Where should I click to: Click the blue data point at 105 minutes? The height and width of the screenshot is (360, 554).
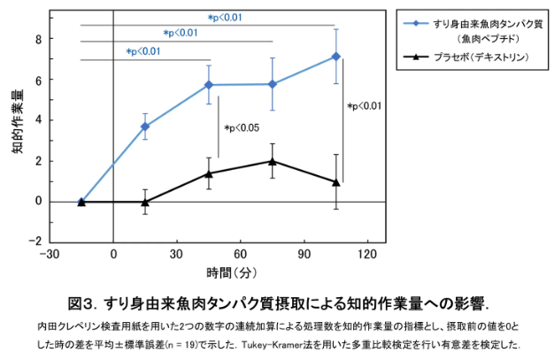coord(335,57)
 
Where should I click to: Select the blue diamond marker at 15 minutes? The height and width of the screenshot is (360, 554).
coord(145,126)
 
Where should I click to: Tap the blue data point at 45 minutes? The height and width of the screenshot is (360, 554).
coord(209,85)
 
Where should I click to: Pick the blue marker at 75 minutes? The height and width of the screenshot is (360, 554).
coord(273,84)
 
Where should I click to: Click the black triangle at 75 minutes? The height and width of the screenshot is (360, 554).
coord(273,161)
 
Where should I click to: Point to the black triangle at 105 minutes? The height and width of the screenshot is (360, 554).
coord(335,181)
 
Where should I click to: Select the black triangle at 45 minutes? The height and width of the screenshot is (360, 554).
coord(209,172)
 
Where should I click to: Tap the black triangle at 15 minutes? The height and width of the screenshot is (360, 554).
coord(145,202)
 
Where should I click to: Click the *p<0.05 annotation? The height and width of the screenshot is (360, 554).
coord(242,129)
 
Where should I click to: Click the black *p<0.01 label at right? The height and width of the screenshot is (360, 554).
coord(364,107)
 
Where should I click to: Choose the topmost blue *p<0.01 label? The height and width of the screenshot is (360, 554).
coord(224,18)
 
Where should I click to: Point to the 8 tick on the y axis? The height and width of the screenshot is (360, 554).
coord(39,40)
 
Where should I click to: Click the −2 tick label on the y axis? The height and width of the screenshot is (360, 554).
coord(35,241)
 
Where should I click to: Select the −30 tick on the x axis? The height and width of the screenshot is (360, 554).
coord(50,254)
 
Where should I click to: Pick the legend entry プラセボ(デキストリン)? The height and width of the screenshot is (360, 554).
coord(481,57)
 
